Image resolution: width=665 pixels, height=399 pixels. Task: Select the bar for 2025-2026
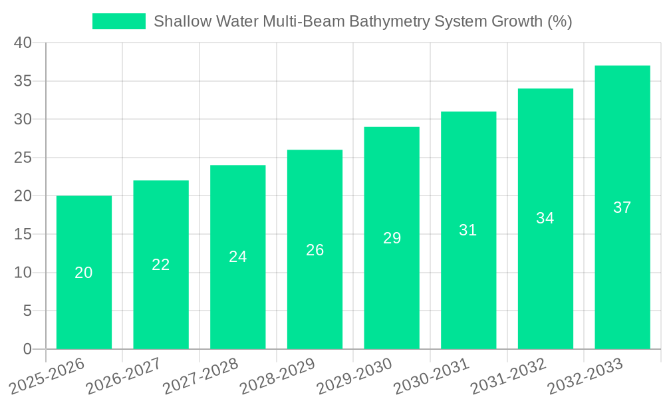coord(84,273)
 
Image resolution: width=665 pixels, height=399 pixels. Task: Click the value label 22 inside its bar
coord(161,265)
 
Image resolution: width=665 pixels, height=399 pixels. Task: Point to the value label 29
coord(392,238)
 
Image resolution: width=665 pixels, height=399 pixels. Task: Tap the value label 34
coord(545,218)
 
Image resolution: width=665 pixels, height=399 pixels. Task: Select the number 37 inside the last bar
coord(622,207)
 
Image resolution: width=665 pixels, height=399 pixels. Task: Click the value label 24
coord(238,257)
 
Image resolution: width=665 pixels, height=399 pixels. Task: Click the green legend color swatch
coord(118,21)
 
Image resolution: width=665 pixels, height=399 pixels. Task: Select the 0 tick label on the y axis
coord(27,349)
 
